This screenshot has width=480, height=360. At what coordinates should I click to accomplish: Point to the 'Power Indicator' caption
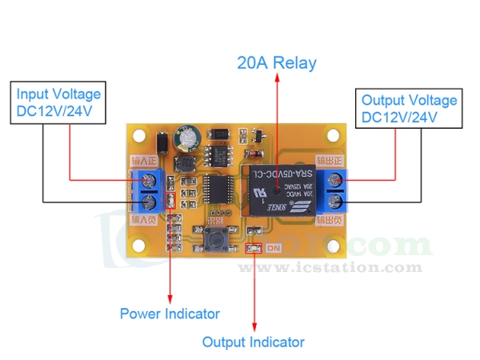point(170,314)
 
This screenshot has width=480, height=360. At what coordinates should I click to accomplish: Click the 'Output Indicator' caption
point(253,342)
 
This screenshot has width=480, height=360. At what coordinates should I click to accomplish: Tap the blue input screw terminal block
point(148,190)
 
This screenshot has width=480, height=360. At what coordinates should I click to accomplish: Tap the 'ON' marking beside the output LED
point(274,249)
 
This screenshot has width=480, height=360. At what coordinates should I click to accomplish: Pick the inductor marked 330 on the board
point(184,165)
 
